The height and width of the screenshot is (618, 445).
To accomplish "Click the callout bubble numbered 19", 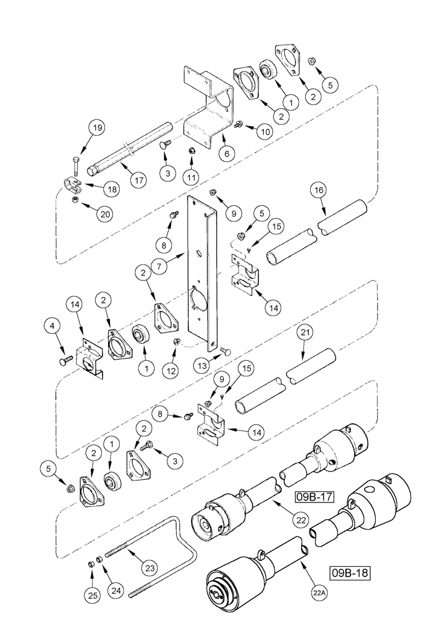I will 97,129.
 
